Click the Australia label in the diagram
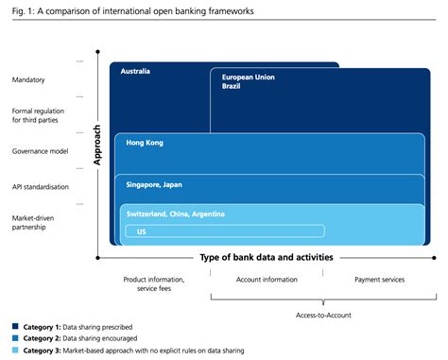point(136,71)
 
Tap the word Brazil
point(232,86)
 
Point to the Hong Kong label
point(144,143)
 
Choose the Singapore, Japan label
point(154,184)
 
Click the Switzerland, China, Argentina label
point(175,214)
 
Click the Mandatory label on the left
point(28,80)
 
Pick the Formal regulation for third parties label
point(38,115)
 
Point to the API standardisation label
point(41,186)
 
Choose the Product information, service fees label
point(154,284)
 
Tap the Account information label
point(267,280)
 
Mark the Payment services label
point(379,280)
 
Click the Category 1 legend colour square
point(16,325)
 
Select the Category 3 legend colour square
point(16,350)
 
